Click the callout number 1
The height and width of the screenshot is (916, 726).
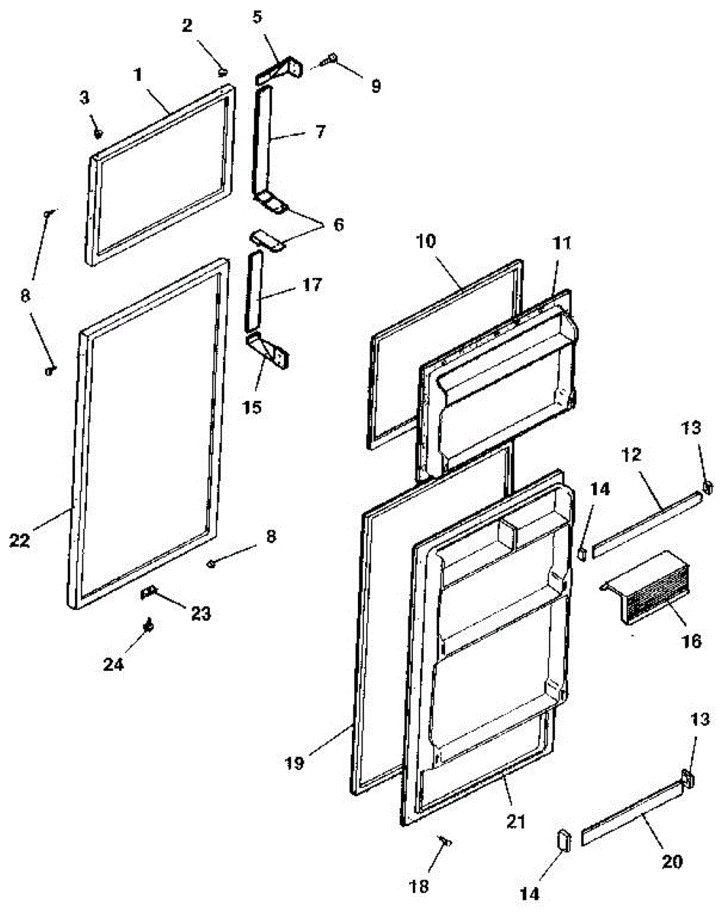point(137,75)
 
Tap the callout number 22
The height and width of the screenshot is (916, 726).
point(20,540)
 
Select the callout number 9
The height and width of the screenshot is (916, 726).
point(376,86)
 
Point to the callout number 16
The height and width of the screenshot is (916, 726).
point(691,640)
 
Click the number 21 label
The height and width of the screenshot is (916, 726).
point(515,821)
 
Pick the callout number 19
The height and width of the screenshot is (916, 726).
point(295,763)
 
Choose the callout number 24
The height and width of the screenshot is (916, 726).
point(113,664)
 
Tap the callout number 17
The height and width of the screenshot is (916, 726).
point(312,285)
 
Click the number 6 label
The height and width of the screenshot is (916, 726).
point(338,224)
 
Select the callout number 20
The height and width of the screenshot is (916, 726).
point(673,861)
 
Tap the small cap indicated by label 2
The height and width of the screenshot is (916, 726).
point(222,72)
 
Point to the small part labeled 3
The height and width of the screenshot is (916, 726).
point(98,134)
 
